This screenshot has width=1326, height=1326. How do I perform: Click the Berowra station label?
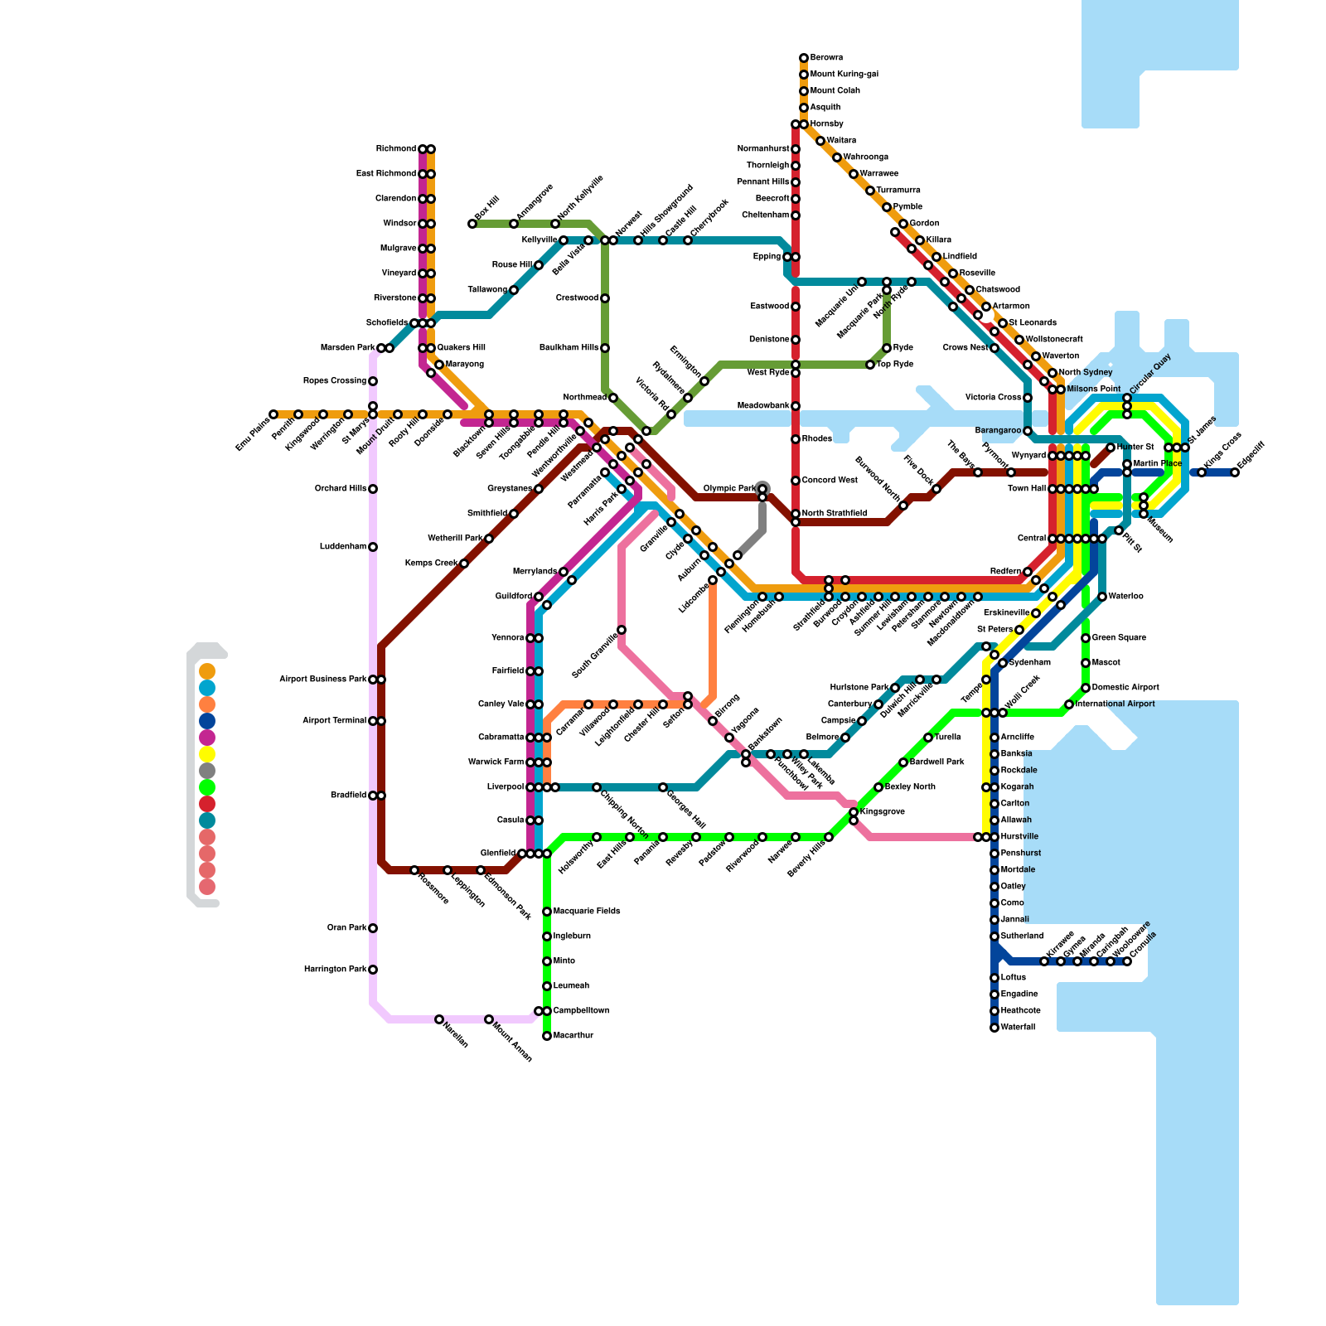(x=826, y=58)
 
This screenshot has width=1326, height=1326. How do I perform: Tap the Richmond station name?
(x=396, y=149)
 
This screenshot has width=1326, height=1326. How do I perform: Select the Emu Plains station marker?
(x=273, y=414)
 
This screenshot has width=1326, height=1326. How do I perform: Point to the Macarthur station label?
(x=573, y=1036)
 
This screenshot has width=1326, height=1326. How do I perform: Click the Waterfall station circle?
(x=994, y=1028)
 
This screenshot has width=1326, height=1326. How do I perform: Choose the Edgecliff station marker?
(x=1235, y=472)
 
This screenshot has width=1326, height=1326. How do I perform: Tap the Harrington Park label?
(x=335, y=970)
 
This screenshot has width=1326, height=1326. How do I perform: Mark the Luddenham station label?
(x=343, y=547)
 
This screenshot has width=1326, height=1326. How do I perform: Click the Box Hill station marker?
(x=472, y=224)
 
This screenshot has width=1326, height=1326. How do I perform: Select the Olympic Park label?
(x=729, y=489)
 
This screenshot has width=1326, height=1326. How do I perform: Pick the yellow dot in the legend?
(x=207, y=754)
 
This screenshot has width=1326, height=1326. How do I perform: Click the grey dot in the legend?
(x=207, y=771)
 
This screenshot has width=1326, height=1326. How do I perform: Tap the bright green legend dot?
(x=207, y=787)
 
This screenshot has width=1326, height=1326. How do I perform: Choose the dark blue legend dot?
(x=207, y=721)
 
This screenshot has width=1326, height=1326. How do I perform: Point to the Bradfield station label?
(x=348, y=796)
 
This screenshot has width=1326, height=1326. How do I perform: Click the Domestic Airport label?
(x=1125, y=688)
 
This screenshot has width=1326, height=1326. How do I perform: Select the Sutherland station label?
(x=1022, y=936)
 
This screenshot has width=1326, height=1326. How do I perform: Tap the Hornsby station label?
(x=826, y=124)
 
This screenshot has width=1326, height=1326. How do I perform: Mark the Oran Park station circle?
(x=373, y=928)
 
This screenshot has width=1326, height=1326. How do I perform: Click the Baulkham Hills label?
(x=569, y=348)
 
